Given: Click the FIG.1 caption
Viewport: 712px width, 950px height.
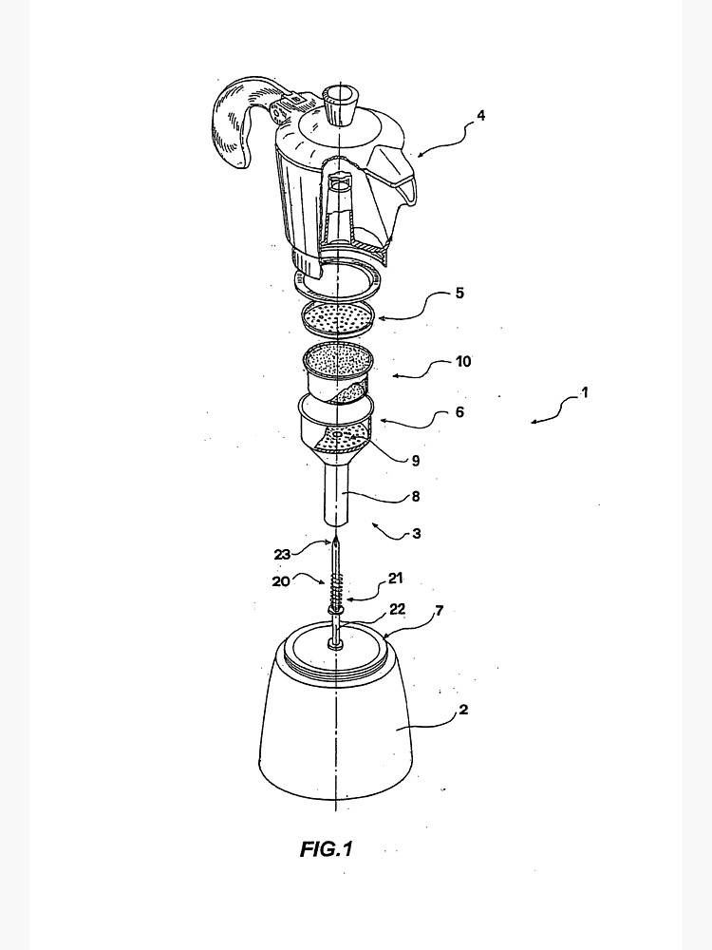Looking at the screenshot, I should (x=326, y=849).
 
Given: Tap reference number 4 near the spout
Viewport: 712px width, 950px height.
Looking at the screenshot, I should (x=480, y=117).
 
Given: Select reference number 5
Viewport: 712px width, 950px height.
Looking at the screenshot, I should (x=459, y=294).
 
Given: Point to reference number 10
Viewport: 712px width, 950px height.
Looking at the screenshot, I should (x=463, y=362).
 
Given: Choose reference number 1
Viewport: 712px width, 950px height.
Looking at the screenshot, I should (x=584, y=393).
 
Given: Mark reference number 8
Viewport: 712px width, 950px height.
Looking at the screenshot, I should (x=416, y=496).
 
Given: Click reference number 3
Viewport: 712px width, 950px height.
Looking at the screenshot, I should (x=416, y=535).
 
